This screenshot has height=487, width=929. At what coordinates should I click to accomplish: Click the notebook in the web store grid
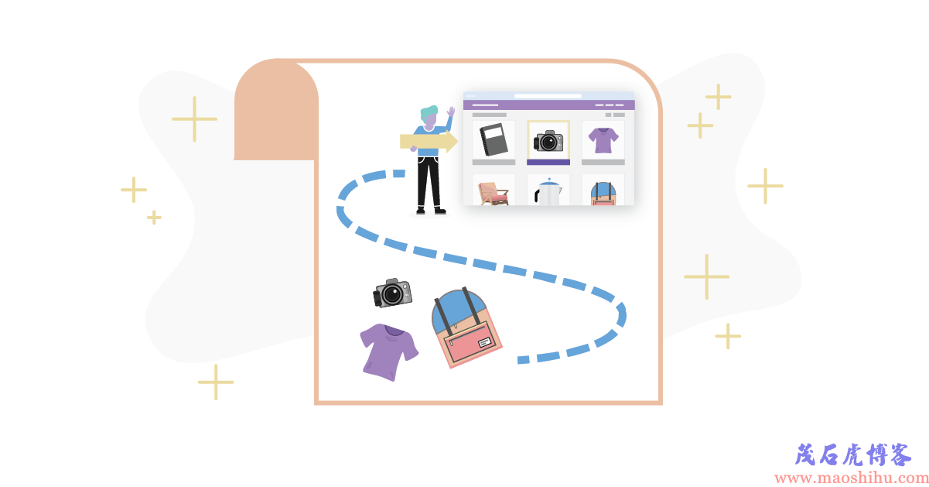(494, 139)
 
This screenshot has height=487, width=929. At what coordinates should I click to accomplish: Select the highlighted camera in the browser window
(548, 141)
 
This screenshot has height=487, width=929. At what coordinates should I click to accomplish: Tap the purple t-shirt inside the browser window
(603, 140)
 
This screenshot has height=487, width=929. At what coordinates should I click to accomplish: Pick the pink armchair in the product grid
(493, 194)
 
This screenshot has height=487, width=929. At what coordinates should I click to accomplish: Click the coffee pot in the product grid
(548, 192)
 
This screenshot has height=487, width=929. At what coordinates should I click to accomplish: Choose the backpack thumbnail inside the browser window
(603, 194)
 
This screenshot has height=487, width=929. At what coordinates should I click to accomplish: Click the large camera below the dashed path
(392, 293)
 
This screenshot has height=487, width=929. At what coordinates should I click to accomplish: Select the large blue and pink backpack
(466, 328)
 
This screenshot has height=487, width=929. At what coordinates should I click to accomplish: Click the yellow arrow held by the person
(429, 141)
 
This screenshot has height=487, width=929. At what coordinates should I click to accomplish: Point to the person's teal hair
(429, 112)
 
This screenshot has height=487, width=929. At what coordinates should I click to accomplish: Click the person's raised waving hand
(451, 111)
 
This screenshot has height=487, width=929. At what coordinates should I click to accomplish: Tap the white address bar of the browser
(548, 96)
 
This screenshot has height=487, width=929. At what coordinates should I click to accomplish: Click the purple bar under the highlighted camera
(548, 163)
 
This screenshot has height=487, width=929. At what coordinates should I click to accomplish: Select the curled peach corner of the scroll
(276, 109)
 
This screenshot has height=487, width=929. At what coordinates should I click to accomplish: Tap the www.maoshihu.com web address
(851, 478)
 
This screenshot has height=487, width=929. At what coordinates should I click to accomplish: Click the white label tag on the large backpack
(484, 342)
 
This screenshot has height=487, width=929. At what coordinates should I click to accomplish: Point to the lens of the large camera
(392, 294)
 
